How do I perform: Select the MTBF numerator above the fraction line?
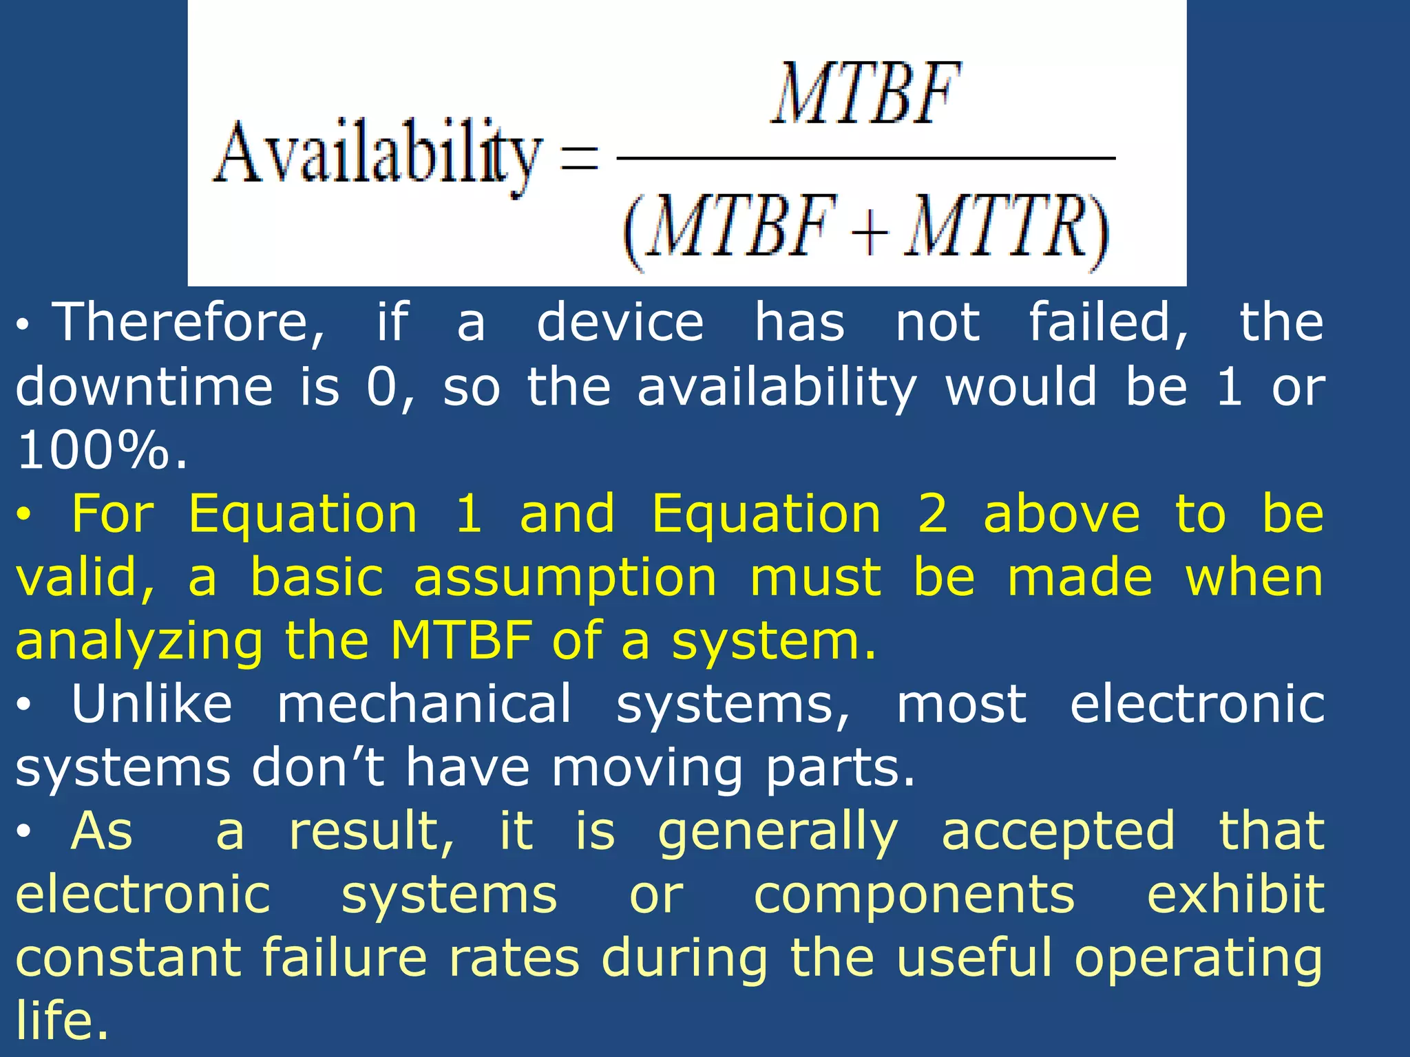click(866, 95)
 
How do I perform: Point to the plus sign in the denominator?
click(870, 231)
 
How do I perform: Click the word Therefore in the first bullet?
click(189, 323)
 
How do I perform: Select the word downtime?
click(144, 387)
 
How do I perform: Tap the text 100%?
click(101, 451)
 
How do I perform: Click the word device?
click(620, 323)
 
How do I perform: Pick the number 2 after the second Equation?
click(933, 514)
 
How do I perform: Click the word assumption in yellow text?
click(565, 578)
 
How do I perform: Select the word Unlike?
click(152, 705)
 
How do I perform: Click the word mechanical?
click(424, 705)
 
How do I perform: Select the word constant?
click(128, 958)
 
